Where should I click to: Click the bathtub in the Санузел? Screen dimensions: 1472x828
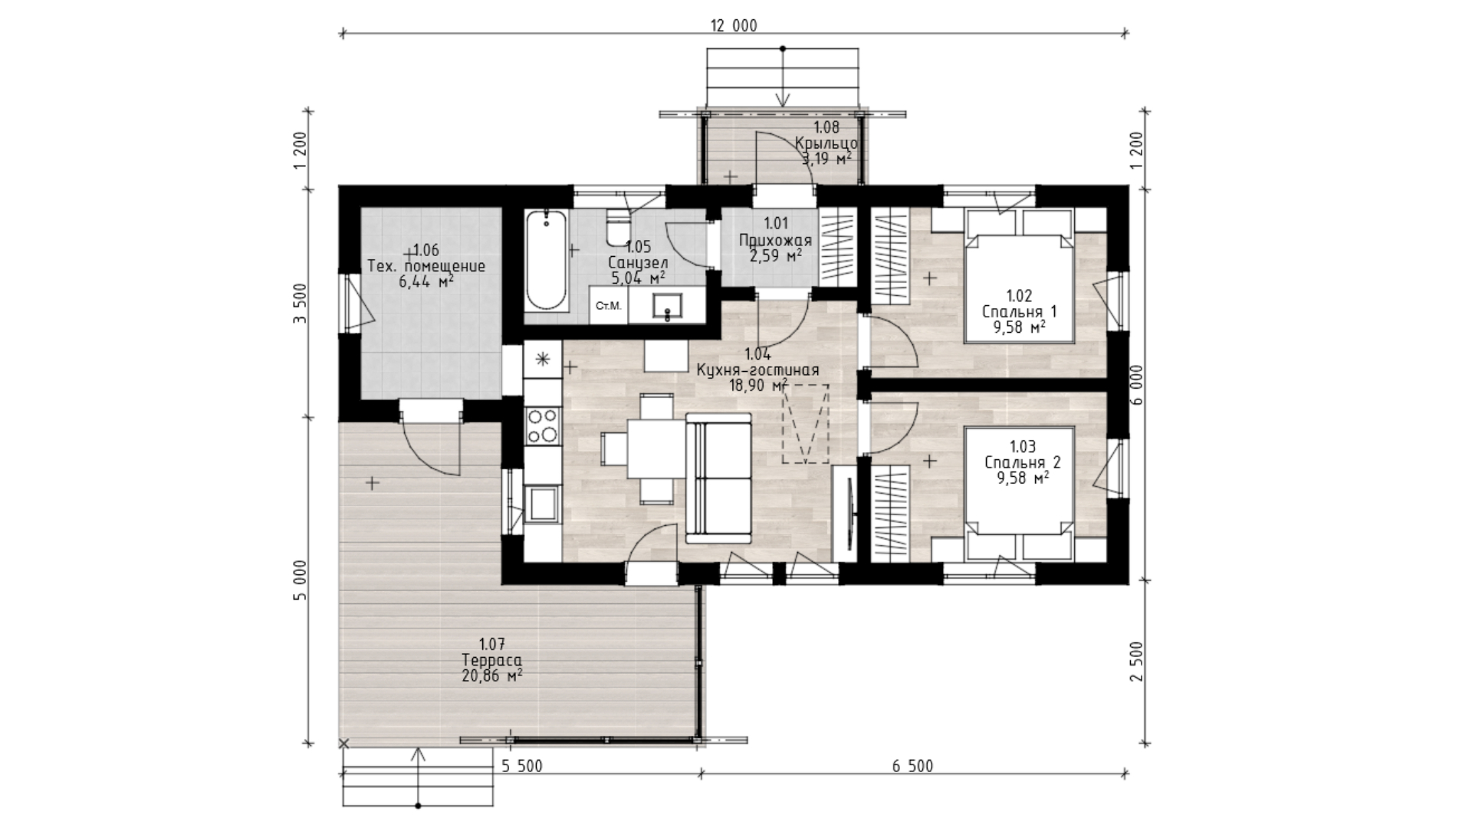click(x=547, y=261)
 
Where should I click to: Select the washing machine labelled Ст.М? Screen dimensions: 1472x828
click(x=609, y=306)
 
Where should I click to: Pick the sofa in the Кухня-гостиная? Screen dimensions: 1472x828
click(x=718, y=475)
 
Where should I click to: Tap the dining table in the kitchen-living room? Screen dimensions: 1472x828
click(x=650, y=449)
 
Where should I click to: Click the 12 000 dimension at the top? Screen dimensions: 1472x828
click(x=734, y=26)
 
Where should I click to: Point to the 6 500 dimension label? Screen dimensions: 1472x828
click(x=912, y=766)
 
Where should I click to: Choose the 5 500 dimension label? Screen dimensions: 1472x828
click(x=522, y=766)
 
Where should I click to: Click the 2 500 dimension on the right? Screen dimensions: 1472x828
click(x=1137, y=661)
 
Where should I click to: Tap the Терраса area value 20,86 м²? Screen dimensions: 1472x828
click(x=492, y=675)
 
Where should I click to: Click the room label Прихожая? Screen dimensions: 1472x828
click(x=775, y=240)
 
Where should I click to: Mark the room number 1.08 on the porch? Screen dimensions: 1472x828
click(x=826, y=127)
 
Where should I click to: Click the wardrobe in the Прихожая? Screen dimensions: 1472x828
click(x=837, y=246)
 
